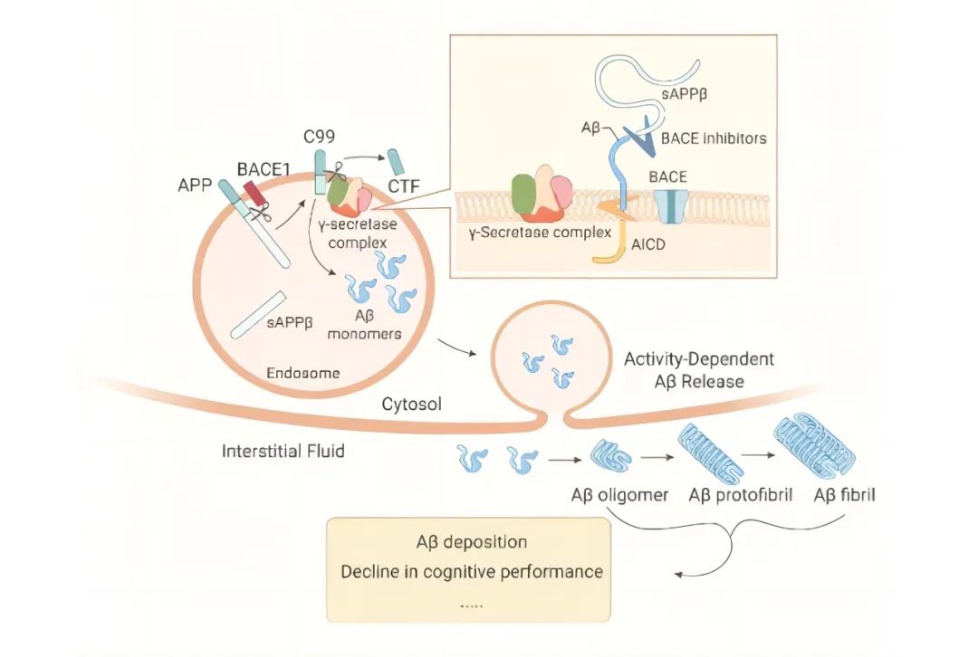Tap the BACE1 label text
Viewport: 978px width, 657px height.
(x=260, y=167)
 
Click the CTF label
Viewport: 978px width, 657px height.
(x=399, y=187)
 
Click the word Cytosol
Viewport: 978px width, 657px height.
(x=412, y=405)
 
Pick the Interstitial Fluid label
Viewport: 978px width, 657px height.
(x=283, y=450)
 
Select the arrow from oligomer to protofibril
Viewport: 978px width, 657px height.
(x=654, y=458)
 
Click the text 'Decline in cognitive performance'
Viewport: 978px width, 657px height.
(x=471, y=572)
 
